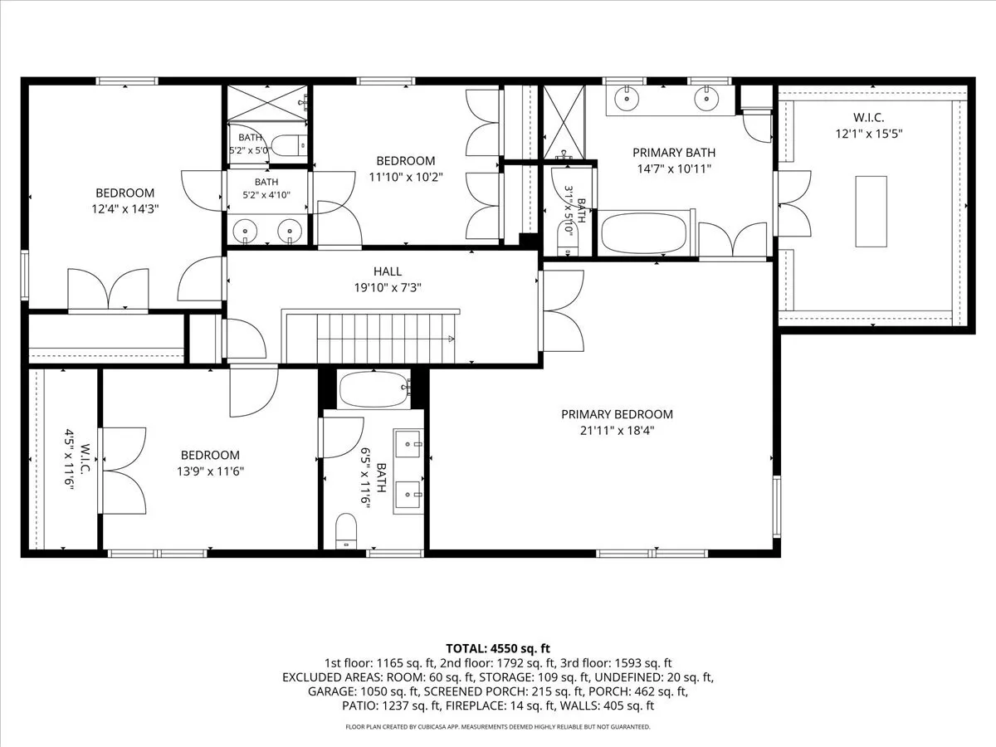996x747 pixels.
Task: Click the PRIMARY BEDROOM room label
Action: tap(617, 414)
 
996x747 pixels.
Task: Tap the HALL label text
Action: tap(388, 271)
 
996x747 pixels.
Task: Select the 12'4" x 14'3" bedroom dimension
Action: tap(125, 209)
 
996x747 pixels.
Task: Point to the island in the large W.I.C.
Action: tap(871, 212)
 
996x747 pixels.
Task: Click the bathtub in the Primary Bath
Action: tap(644, 233)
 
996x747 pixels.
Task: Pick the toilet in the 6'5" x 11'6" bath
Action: tap(346, 530)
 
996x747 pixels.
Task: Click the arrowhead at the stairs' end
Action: tap(451, 339)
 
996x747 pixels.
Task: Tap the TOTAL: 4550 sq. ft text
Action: tap(498, 648)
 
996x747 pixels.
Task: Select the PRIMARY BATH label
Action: tap(674, 153)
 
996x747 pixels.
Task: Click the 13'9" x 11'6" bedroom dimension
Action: tap(211, 471)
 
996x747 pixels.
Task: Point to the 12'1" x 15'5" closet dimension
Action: tap(869, 134)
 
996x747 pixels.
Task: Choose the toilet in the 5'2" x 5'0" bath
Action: tap(290, 145)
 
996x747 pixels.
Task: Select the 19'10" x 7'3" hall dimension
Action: tap(388, 287)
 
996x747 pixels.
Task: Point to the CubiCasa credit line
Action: tap(498, 727)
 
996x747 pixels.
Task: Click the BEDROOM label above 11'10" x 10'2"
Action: tap(406, 161)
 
